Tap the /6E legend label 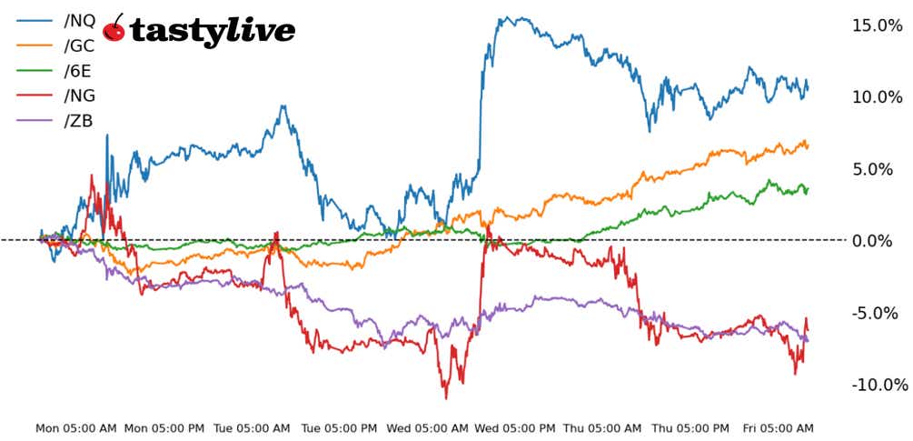click(x=78, y=71)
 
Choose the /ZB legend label click(x=78, y=121)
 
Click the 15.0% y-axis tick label click(x=877, y=25)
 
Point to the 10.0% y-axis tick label click(x=877, y=97)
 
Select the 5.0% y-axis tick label click(x=880, y=169)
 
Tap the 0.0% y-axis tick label click(x=880, y=241)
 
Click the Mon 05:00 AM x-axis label click(x=76, y=427)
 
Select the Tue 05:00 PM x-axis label click(x=338, y=427)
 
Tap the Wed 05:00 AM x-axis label click(x=427, y=427)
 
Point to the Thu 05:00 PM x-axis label click(x=688, y=427)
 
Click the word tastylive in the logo click(x=213, y=31)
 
